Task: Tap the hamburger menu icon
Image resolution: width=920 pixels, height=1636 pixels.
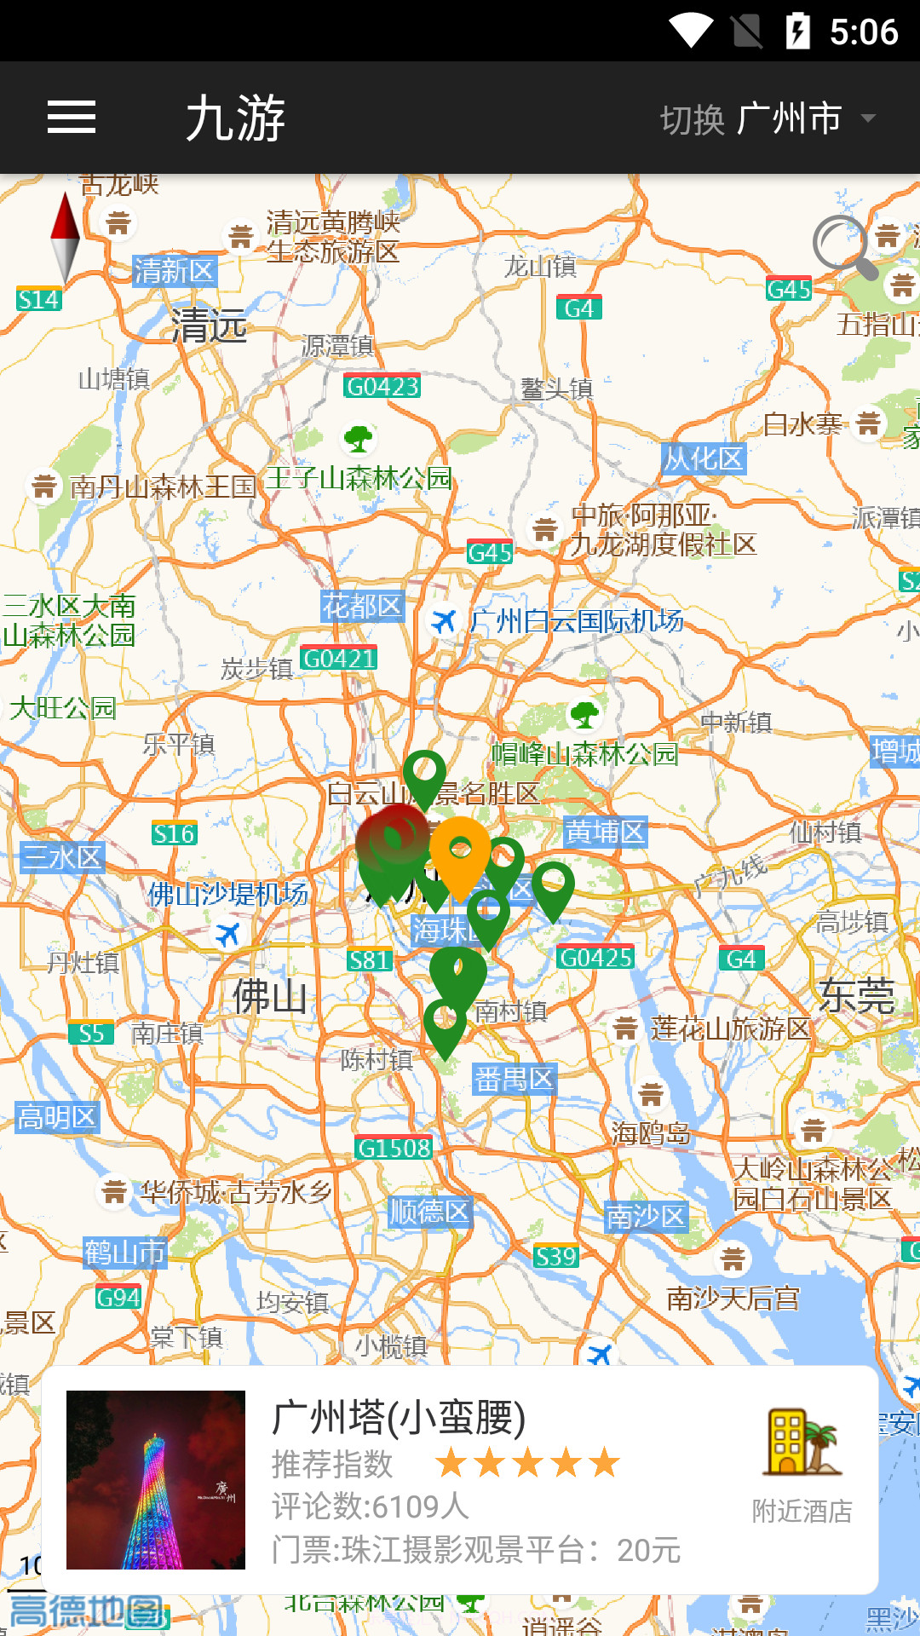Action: [x=72, y=117]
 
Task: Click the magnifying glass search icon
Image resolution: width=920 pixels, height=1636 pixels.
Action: [x=843, y=247]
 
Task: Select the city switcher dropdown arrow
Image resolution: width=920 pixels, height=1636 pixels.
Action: [x=868, y=118]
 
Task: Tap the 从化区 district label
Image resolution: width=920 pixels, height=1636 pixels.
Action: [x=704, y=459]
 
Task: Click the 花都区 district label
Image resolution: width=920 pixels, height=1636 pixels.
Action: [x=362, y=606]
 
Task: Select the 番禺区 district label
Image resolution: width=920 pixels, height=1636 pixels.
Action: [x=515, y=1080]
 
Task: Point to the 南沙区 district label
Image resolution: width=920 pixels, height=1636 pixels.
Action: [x=646, y=1217]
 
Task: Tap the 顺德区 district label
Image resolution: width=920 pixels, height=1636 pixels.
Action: [x=429, y=1211]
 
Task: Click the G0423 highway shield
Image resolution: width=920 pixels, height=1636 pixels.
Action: [x=382, y=387]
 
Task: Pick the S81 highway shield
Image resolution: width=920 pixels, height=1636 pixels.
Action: [x=369, y=960]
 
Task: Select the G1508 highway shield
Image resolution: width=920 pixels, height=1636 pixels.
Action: [x=394, y=1148]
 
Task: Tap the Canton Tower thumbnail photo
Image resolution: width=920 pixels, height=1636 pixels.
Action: [x=156, y=1480]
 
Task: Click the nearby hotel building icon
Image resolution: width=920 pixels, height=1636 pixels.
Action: [x=802, y=1443]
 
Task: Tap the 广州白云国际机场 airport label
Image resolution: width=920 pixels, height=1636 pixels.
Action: [x=576, y=621]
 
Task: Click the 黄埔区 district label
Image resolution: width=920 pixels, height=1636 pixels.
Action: [x=605, y=832]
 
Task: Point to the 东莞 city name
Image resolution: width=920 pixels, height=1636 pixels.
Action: [x=856, y=995]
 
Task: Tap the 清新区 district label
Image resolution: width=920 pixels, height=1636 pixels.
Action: [x=175, y=272]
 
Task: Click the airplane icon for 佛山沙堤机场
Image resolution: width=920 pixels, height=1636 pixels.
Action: [x=227, y=934]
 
